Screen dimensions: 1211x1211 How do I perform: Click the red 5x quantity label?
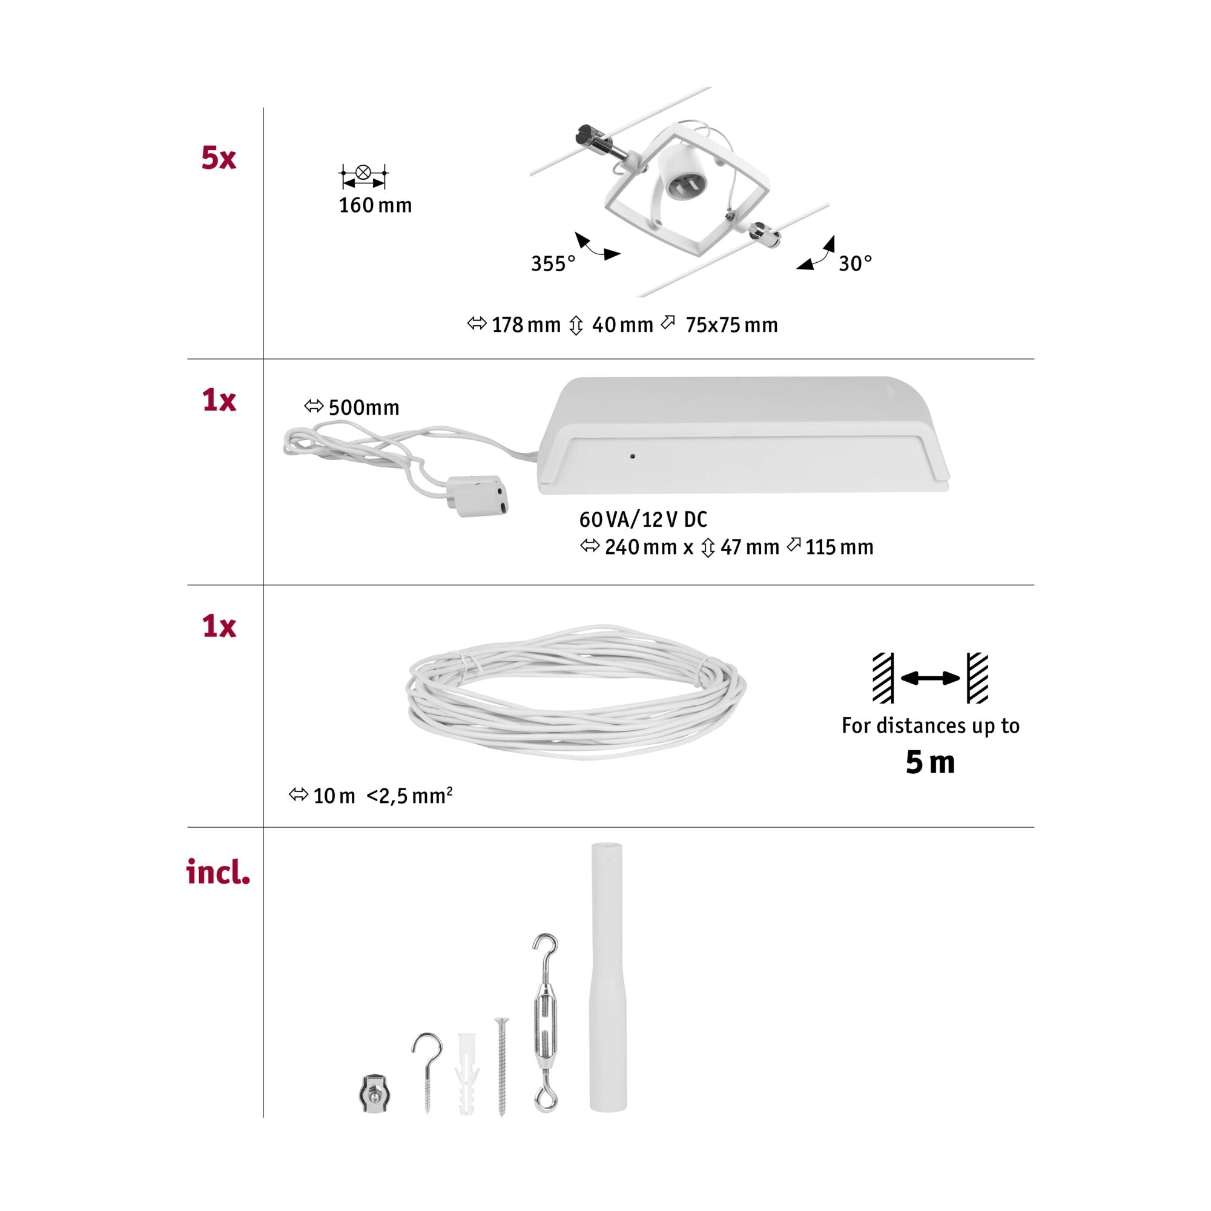click(218, 158)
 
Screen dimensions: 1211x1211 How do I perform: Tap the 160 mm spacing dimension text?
click(375, 206)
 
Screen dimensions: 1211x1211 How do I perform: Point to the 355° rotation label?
click(553, 264)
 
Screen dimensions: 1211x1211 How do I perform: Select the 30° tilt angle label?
click(855, 263)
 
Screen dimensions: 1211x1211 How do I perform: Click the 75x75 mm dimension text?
click(731, 325)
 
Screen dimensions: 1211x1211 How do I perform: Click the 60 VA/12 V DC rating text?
click(643, 519)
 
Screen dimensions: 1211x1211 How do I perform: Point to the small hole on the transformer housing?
click(633, 456)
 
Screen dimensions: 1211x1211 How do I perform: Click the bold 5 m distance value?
click(930, 762)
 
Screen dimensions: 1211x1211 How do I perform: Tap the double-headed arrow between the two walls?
click(930, 678)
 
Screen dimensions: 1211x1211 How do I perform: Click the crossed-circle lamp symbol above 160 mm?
click(363, 173)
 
